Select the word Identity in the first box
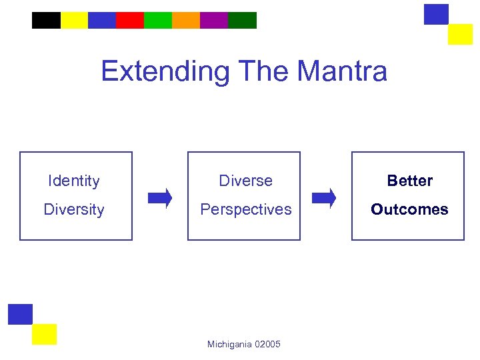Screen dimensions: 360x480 click(74, 181)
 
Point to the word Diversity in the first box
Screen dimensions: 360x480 click(74, 209)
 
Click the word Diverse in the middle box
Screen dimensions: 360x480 click(246, 181)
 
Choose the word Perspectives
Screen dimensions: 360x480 click(246, 209)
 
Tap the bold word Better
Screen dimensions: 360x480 click(410, 181)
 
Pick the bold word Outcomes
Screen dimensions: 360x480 click(409, 209)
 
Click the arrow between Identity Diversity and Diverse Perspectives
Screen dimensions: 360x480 click(160, 198)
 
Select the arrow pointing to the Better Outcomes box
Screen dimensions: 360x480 click(325, 198)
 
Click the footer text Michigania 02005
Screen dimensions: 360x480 click(244, 344)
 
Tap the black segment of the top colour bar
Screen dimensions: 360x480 click(46, 21)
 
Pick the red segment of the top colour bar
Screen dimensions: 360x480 click(130, 21)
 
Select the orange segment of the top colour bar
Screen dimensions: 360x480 click(186, 21)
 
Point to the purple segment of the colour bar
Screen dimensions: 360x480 click(214, 21)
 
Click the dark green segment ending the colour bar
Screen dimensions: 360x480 click(243, 21)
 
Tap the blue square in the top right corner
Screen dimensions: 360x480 click(436, 14)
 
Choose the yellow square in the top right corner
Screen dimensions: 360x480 click(460, 34)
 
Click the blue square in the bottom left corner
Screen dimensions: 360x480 click(20, 314)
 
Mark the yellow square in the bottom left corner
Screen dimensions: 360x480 click(44, 334)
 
